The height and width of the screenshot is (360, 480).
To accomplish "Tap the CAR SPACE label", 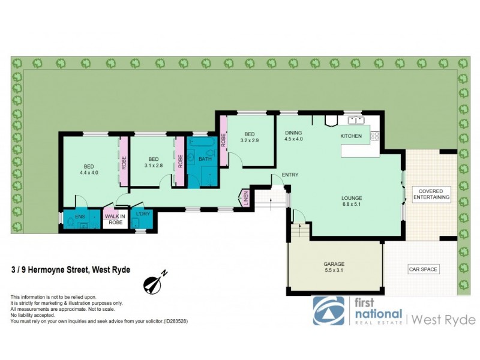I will (424, 269).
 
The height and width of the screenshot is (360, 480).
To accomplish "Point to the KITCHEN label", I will (351, 136).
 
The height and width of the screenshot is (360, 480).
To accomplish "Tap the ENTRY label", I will (290, 175).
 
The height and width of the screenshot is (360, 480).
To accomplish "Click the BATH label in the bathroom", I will (205, 159).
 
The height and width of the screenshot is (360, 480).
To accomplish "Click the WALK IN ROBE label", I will (115, 219).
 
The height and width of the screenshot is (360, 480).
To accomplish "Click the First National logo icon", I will (329, 311).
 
